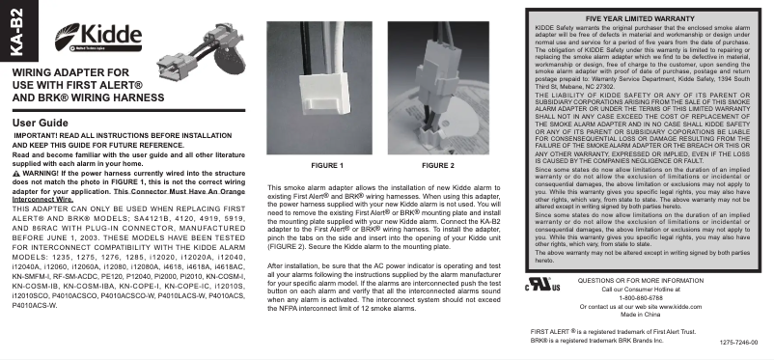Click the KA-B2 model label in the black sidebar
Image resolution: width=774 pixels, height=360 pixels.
[x=12, y=30]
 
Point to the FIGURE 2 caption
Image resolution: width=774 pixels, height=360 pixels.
[x=438, y=166]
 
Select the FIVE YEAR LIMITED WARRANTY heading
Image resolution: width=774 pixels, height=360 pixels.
[x=638, y=17]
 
